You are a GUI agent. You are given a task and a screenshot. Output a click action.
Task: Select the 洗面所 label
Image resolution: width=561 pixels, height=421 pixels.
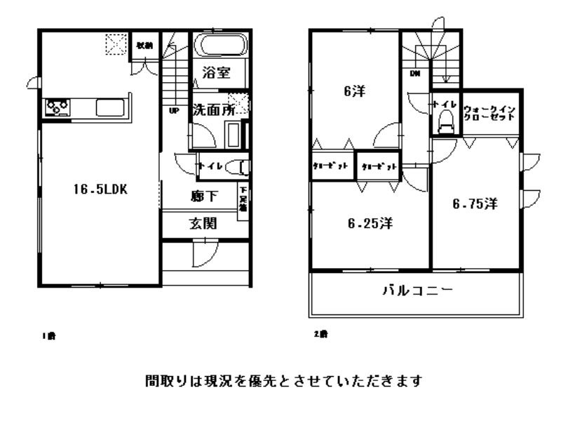(214, 110)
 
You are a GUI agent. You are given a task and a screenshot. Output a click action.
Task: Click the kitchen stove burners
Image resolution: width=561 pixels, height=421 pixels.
(58, 107)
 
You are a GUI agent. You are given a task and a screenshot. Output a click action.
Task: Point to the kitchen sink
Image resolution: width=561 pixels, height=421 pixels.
(109, 108)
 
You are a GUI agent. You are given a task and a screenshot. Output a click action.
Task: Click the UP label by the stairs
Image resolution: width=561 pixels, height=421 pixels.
(173, 109)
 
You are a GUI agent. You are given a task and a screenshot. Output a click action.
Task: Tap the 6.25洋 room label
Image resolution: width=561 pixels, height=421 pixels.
(370, 224)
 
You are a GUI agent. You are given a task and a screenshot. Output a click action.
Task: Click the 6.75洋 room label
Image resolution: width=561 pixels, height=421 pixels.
(475, 204)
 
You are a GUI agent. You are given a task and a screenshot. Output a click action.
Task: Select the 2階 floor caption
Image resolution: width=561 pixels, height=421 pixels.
(320, 334)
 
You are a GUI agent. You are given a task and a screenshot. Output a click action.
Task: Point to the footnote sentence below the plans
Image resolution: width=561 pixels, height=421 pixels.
(283, 382)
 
